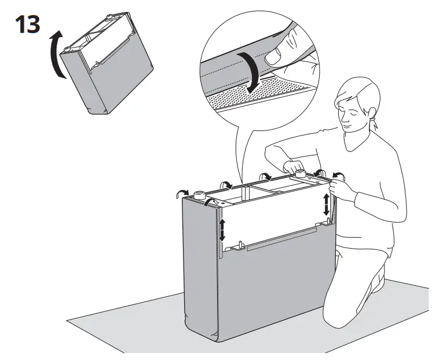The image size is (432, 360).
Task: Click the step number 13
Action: pyautogui.click(x=28, y=24)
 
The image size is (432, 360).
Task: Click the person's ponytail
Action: pyautogui.click(x=374, y=124)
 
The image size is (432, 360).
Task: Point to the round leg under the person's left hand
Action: pyautogui.click(x=301, y=174)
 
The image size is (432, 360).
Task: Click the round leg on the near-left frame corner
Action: pyautogui.click(x=200, y=195)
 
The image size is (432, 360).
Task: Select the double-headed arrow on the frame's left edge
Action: pyautogui.click(x=222, y=229)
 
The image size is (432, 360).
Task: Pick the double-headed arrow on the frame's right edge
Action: pyautogui.click(x=326, y=205)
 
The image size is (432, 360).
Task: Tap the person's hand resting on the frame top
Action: pyautogui.click(x=294, y=166)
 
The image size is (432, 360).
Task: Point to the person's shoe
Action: pyautogui.click(x=379, y=279)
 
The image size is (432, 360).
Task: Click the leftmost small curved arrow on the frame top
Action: pyautogui.click(x=182, y=194)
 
